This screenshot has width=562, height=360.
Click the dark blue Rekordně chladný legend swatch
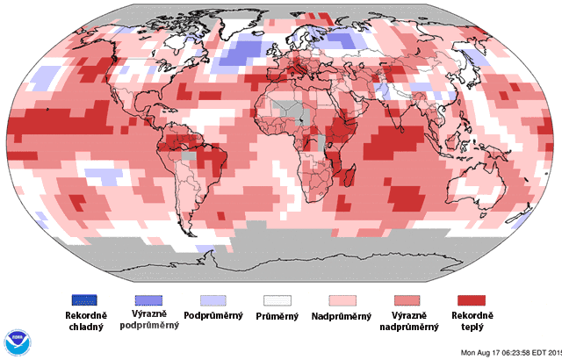click(x=84, y=302)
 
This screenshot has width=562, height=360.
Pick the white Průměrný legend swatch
click(x=277, y=302)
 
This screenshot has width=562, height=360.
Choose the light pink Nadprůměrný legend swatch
click(x=343, y=302)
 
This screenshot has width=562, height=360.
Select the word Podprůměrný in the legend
click(x=213, y=315)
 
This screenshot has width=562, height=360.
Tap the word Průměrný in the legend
click(x=277, y=315)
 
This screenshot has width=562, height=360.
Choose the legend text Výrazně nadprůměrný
click(x=408, y=320)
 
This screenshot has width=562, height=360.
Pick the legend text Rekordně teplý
click(x=472, y=320)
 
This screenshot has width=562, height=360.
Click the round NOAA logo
click(x=17, y=342)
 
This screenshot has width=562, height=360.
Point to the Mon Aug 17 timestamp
click(x=510, y=353)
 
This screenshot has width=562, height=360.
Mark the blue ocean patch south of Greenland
click(x=237, y=54)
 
